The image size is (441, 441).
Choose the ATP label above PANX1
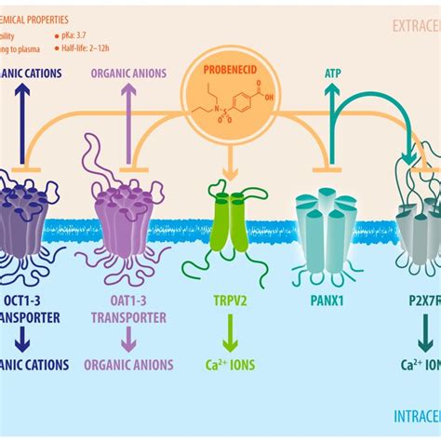332,71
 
